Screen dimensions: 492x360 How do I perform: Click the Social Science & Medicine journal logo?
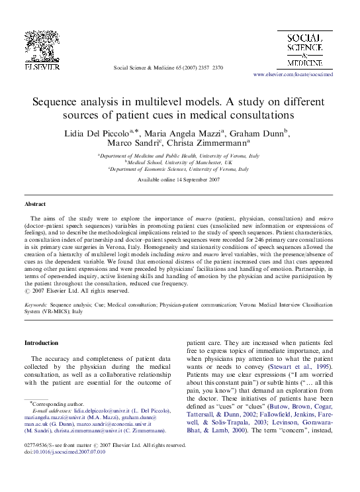[304, 51]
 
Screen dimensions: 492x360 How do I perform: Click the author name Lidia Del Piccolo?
[97, 134]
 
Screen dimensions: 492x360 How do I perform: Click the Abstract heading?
[35, 205]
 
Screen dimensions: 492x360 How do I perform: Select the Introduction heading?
[41, 342]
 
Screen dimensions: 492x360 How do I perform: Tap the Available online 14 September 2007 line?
[179, 180]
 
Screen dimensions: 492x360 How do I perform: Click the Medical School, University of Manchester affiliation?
[180, 162]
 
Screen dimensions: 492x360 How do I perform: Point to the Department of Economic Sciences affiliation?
[179, 170]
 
